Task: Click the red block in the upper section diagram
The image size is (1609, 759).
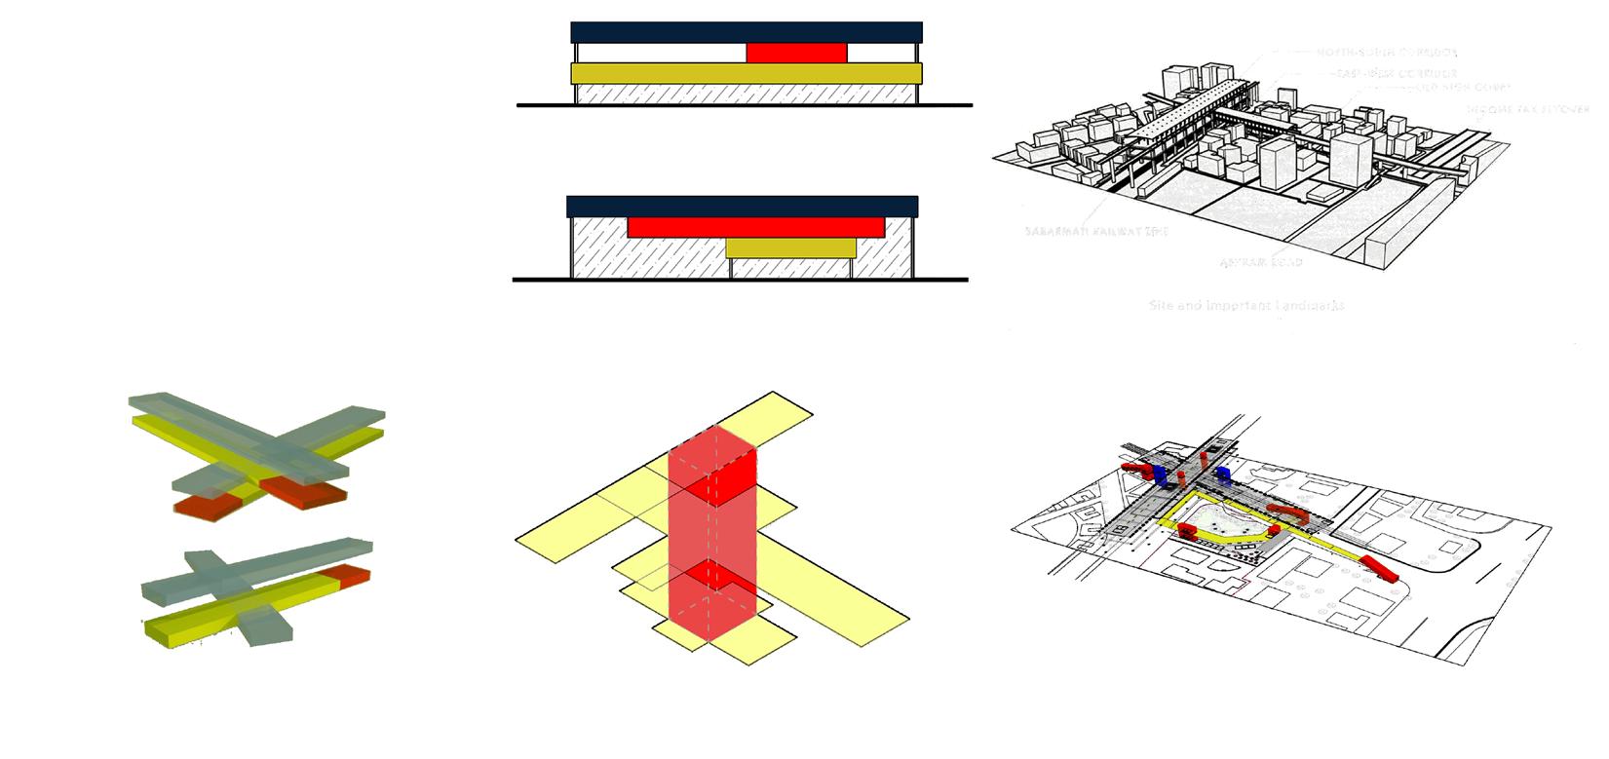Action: (796, 53)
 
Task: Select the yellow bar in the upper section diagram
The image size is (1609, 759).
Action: (746, 74)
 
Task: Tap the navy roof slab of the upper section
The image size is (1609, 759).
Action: (746, 32)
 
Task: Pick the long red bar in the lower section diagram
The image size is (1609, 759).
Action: (755, 228)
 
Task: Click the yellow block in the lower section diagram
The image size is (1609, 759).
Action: (790, 248)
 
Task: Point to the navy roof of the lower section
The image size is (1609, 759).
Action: (742, 207)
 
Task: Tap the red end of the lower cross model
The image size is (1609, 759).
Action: (353, 577)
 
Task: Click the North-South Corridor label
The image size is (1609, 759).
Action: (1387, 52)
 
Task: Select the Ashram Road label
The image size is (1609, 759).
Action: (1261, 262)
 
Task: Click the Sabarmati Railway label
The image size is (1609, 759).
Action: (1095, 232)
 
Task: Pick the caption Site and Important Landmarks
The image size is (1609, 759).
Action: (1246, 305)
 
